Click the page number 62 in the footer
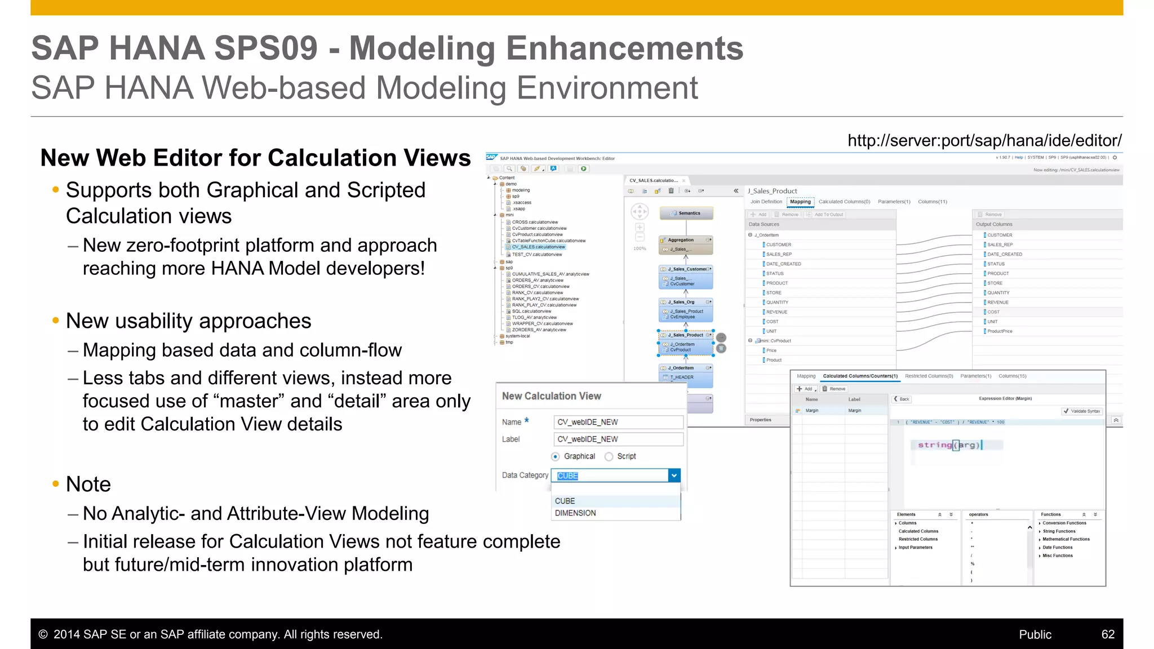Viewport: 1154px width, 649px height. [x=1108, y=634]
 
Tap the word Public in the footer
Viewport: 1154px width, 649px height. [x=1035, y=634]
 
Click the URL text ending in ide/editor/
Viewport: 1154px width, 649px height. [x=984, y=141]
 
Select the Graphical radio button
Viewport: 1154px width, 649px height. [x=556, y=456]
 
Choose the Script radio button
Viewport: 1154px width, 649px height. [x=609, y=456]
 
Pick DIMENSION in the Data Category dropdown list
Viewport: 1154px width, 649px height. [x=575, y=513]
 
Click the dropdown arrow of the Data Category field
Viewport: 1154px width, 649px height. [x=674, y=475]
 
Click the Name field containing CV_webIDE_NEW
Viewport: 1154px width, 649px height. [x=618, y=422]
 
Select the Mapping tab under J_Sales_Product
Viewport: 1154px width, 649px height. [x=800, y=202]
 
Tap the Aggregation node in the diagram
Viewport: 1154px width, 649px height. [x=681, y=240]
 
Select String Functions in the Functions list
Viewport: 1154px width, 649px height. [x=1059, y=531]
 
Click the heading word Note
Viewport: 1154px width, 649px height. [x=88, y=484]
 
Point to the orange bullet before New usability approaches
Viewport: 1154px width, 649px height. [x=55, y=321]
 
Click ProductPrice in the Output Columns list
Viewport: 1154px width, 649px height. [x=1000, y=331]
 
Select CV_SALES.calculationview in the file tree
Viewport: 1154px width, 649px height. [x=538, y=247]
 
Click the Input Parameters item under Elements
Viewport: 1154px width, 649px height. [x=915, y=548]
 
